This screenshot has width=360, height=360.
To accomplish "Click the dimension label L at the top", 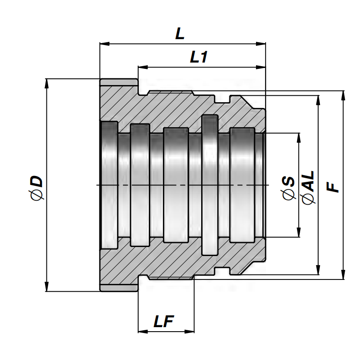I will click(180, 35).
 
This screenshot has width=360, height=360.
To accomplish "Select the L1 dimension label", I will click(198, 57).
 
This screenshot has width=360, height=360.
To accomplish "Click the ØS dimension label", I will click(288, 188).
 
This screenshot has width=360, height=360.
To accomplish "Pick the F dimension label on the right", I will click(333, 187).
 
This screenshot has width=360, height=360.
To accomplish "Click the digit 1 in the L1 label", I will click(204, 57).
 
